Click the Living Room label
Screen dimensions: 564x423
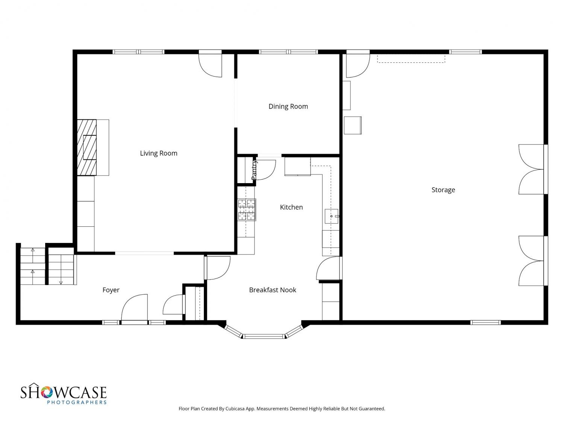click(x=159, y=153)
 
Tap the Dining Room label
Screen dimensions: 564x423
click(x=288, y=106)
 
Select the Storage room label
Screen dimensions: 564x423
click(x=443, y=190)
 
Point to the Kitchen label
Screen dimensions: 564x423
click(x=291, y=207)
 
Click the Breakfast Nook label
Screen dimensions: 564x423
click(x=272, y=290)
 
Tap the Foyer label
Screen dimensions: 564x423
click(x=111, y=290)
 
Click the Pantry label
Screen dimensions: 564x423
click(x=254, y=170)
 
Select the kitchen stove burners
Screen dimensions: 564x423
click(x=247, y=210)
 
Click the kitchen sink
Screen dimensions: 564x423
click(x=332, y=216)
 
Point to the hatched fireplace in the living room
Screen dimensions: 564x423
click(x=87, y=147)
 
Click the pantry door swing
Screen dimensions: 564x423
click(x=266, y=170)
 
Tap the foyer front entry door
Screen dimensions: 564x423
click(x=134, y=308)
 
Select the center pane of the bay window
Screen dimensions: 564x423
click(x=264, y=336)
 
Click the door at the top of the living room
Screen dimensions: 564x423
click(x=210, y=64)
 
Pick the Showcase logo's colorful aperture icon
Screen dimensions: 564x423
click(x=47, y=392)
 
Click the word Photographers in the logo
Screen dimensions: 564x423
click(x=77, y=402)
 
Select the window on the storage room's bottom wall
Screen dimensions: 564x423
click(x=485, y=323)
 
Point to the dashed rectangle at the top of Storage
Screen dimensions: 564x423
click(x=411, y=58)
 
